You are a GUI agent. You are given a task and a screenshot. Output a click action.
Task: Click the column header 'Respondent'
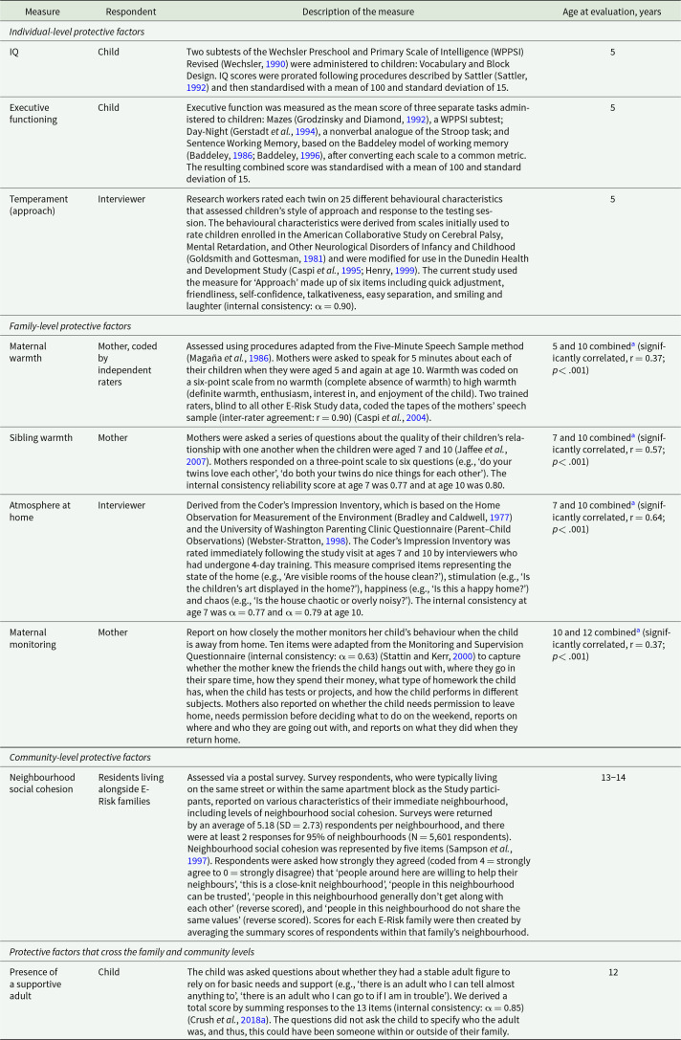(x=123, y=9)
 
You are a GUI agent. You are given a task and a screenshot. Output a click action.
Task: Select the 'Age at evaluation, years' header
(x=612, y=9)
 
